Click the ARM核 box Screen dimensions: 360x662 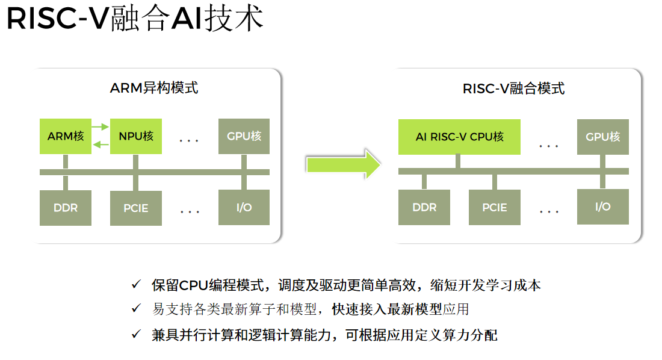(66, 136)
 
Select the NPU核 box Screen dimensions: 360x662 (136, 136)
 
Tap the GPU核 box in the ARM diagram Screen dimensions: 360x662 (244, 136)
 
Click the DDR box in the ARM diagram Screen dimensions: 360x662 (66, 208)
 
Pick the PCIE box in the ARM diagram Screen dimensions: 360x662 (136, 208)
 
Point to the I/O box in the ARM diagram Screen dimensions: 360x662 (244, 207)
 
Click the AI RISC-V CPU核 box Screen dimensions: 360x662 (459, 137)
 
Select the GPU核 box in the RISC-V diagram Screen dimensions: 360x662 (602, 137)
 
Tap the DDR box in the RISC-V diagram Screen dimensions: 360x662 (424, 208)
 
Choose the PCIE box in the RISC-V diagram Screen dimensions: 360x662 (494, 208)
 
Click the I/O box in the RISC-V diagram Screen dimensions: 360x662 (602, 206)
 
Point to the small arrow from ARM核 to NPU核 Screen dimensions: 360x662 (101, 126)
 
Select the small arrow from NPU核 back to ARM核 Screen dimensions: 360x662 (101, 144)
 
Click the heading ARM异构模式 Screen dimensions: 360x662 (154, 88)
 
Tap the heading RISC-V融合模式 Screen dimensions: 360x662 (513, 88)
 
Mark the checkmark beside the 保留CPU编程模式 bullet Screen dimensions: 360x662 (137, 284)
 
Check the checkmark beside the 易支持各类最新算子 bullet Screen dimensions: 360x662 (137, 309)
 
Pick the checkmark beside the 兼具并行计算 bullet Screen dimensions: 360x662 (137, 334)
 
